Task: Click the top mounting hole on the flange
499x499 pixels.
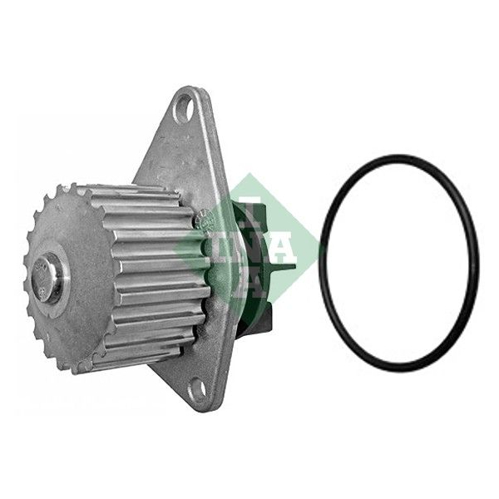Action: (x=185, y=108)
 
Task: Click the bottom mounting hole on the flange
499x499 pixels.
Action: (x=198, y=388)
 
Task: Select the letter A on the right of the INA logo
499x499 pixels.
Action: (x=283, y=248)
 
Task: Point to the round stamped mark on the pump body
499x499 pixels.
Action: (x=203, y=220)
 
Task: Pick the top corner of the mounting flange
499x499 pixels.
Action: (x=191, y=86)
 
